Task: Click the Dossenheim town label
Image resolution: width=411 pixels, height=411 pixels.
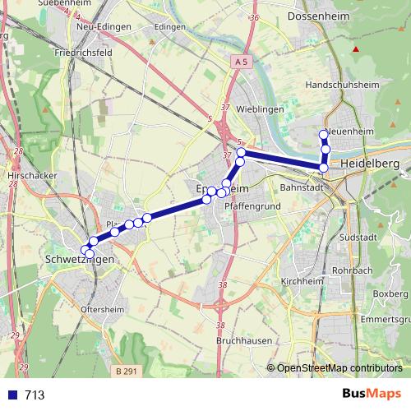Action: pyautogui.click(x=321, y=16)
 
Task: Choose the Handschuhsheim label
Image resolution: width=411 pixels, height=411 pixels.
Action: pyautogui.click(x=340, y=85)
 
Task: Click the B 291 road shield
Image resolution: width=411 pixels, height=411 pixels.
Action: pyautogui.click(x=126, y=372)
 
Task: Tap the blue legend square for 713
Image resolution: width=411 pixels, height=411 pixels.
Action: pyautogui.click(x=12, y=395)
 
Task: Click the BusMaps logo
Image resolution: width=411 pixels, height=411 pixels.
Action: pyautogui.click(x=372, y=395)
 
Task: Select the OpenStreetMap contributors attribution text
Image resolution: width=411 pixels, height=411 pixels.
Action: pyautogui.click(x=339, y=368)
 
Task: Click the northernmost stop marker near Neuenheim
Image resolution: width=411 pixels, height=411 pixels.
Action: pyautogui.click(x=323, y=134)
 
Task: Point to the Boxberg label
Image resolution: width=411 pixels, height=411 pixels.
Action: pyautogui.click(x=384, y=293)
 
